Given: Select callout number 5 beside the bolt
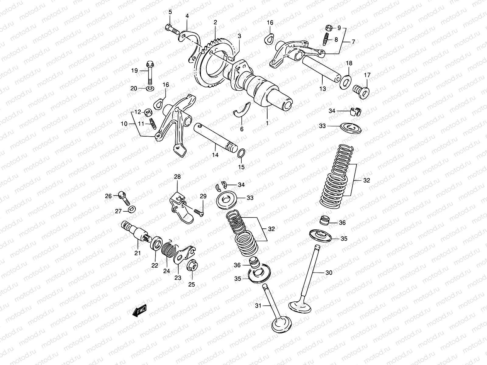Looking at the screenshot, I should pyautogui.click(x=170, y=12).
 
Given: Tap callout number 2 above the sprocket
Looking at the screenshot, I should pyautogui.click(x=215, y=22).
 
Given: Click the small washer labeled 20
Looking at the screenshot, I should pyautogui.click(x=150, y=89).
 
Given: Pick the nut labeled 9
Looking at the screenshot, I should pyautogui.click(x=328, y=28).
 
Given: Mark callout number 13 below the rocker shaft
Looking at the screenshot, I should pyautogui.click(x=323, y=89).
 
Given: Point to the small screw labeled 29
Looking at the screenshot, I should pyautogui.click(x=198, y=212).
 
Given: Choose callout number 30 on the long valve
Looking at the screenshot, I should pyautogui.click(x=329, y=273).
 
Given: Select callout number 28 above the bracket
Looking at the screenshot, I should pyautogui.click(x=177, y=177).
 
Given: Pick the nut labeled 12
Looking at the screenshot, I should pyautogui.click(x=148, y=112).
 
